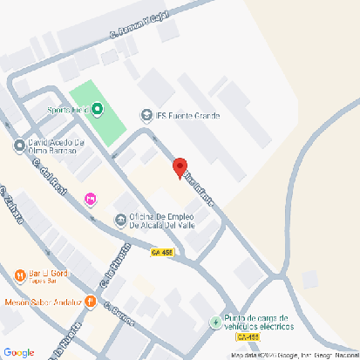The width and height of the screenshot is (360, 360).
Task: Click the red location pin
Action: point(180,166)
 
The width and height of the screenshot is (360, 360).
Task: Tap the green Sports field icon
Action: point(97,111)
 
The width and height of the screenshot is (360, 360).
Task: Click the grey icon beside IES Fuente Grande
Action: point(146,115)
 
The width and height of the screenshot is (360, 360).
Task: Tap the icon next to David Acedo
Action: point(19,146)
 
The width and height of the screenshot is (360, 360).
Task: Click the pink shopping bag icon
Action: point(90,200)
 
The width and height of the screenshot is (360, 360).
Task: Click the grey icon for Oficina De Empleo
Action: point(120,219)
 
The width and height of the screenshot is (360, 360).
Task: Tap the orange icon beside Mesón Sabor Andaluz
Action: point(90,302)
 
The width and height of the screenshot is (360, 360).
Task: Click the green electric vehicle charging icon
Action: point(215,323)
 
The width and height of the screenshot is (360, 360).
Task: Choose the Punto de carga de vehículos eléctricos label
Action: point(259,322)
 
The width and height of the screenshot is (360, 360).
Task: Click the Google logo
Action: point(18,351)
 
